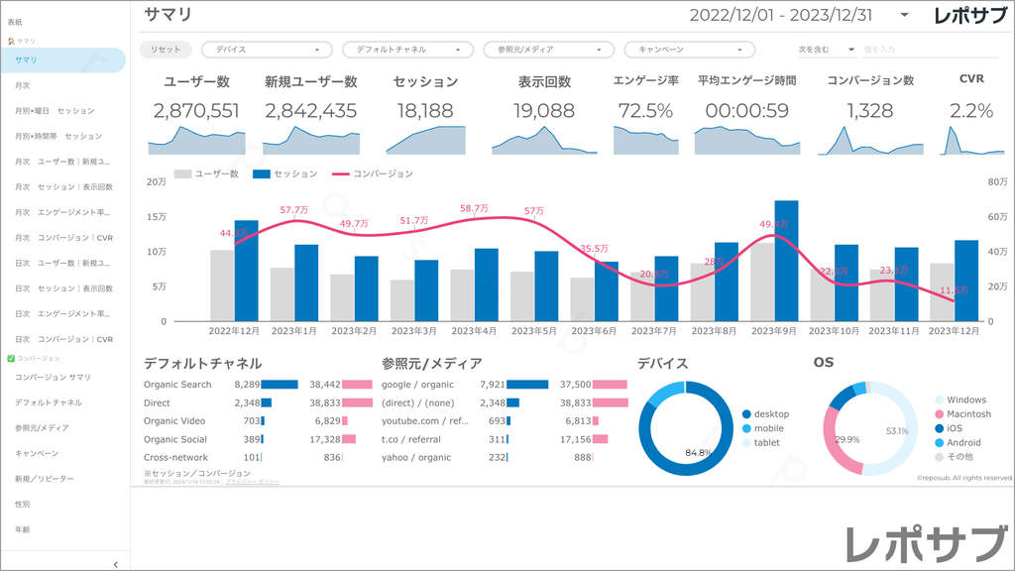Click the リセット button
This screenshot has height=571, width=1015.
166,49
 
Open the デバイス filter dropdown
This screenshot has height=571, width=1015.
268,49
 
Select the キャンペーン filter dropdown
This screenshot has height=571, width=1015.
689,49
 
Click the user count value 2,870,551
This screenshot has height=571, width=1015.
197,111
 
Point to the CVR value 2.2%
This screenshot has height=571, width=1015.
971,111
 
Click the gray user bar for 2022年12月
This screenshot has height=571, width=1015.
222,285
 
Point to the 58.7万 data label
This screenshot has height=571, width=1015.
474,209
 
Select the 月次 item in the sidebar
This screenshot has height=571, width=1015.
23,85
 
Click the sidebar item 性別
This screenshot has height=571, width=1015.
23,504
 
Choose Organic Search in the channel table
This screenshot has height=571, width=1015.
177,384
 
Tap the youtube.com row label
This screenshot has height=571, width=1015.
425,420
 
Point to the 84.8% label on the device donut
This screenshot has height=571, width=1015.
698,453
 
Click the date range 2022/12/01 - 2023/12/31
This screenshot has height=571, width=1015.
781,15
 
